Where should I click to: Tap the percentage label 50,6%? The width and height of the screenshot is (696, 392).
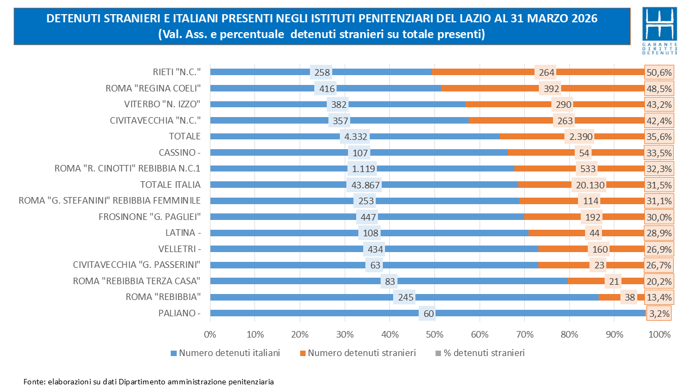(x=658, y=72)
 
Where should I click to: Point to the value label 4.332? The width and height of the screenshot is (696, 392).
(x=355, y=136)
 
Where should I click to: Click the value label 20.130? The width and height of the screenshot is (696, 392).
(x=588, y=185)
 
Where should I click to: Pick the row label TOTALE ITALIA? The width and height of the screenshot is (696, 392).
(x=170, y=185)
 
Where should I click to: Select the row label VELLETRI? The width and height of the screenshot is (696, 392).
(x=183, y=249)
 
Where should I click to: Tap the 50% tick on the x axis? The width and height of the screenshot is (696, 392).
(x=434, y=334)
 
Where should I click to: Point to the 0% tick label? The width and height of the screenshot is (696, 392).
(x=210, y=334)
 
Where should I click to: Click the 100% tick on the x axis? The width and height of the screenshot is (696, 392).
(x=660, y=334)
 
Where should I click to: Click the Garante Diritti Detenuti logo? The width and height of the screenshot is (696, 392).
(x=660, y=31)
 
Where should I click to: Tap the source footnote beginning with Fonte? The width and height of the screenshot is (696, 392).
(x=148, y=382)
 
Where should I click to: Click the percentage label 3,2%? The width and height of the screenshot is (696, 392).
(x=658, y=313)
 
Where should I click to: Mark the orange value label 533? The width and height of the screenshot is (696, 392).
(x=587, y=168)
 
